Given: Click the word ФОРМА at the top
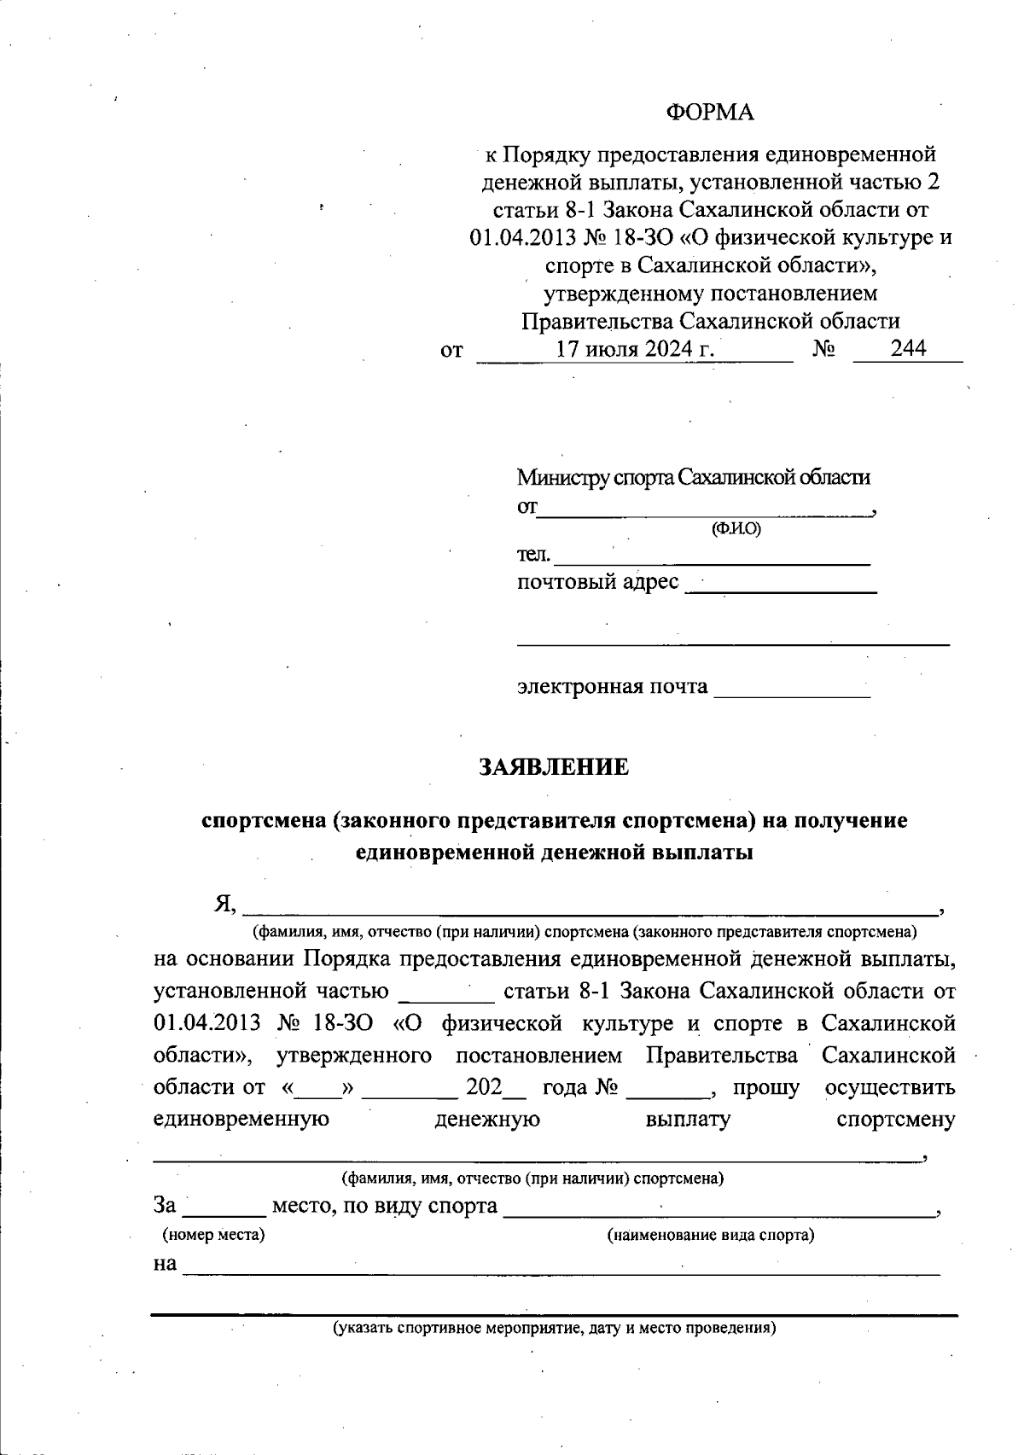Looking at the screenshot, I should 710,113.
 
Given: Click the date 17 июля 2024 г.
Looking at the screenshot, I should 635,349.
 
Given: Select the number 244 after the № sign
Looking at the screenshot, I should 908,348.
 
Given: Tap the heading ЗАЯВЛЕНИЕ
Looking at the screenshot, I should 554,767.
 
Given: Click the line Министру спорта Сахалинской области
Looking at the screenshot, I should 693,477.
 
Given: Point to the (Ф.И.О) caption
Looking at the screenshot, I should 736,529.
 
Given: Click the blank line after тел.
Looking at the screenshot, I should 712,559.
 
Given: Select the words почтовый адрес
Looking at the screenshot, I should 597,583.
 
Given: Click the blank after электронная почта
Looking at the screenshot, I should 791,691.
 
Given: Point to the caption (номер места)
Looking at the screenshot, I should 213,1235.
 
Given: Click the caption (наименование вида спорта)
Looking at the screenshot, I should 710,1235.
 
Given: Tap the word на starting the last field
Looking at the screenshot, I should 165,1264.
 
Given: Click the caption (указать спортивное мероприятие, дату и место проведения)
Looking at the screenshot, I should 554,1329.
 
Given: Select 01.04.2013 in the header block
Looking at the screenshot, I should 511,237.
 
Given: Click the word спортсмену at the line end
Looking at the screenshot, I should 896,1120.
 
